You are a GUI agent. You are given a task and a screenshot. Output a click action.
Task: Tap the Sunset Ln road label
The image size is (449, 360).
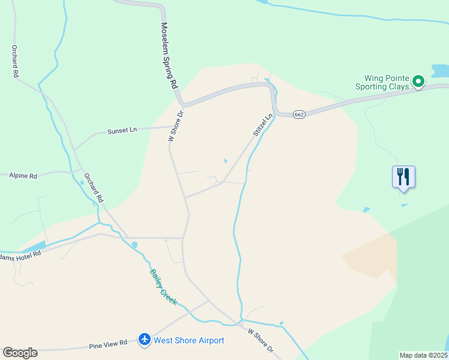(122, 131)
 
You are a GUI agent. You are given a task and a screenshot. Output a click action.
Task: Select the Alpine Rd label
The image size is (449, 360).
(23, 176)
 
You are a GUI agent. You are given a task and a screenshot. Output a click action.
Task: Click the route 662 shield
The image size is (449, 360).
(300, 115)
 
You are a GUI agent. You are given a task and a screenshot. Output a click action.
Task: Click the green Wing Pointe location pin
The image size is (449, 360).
(419, 80)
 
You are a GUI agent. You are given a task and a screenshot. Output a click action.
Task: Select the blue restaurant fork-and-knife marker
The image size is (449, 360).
(403, 176)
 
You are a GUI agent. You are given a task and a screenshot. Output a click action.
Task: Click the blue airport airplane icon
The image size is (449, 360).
(144, 340)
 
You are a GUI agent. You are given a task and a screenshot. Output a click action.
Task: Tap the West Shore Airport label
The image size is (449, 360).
(189, 340)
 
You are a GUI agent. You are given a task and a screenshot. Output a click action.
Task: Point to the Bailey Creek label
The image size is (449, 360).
(163, 287)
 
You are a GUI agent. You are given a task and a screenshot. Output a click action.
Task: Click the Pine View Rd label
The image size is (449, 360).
(108, 344)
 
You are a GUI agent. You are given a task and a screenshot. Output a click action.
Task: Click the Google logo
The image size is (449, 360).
(20, 353)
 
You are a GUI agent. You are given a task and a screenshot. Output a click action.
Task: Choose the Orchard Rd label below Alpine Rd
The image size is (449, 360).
(94, 187)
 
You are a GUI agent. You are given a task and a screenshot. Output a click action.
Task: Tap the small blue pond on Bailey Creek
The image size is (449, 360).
(134, 245)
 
